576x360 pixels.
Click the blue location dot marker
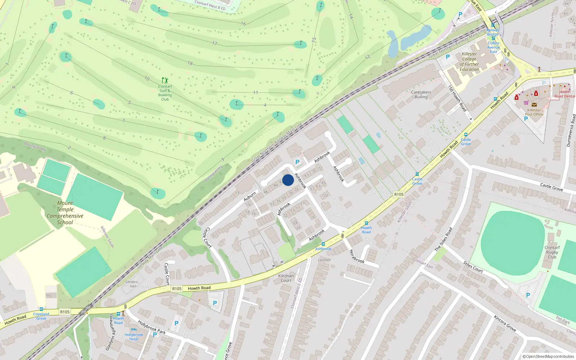tap(288, 180)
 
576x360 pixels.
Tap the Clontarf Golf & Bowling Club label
tap(165, 93)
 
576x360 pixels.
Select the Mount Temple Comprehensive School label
tap(65, 213)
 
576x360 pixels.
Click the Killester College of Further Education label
tap(469, 62)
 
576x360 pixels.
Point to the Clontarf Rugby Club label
tap(552, 252)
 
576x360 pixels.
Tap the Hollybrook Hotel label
tap(134, 337)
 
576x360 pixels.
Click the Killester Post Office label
tap(534, 112)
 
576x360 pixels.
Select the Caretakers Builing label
tap(421, 94)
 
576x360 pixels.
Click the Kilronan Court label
tap(286, 278)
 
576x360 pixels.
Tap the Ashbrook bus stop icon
tap(323, 244)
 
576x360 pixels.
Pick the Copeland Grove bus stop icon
tap(41, 309)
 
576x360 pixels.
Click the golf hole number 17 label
tap(215, 44)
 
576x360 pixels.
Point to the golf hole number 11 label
tap(255, 93)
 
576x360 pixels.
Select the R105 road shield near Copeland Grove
tap(65, 312)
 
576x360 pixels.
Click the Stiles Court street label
tap(473, 267)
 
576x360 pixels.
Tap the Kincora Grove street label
tap(505, 323)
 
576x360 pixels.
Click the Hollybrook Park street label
tap(152, 327)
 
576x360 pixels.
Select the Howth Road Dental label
tap(564, 94)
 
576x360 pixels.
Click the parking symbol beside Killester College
tap(448, 57)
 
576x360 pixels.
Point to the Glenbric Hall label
tap(131, 284)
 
